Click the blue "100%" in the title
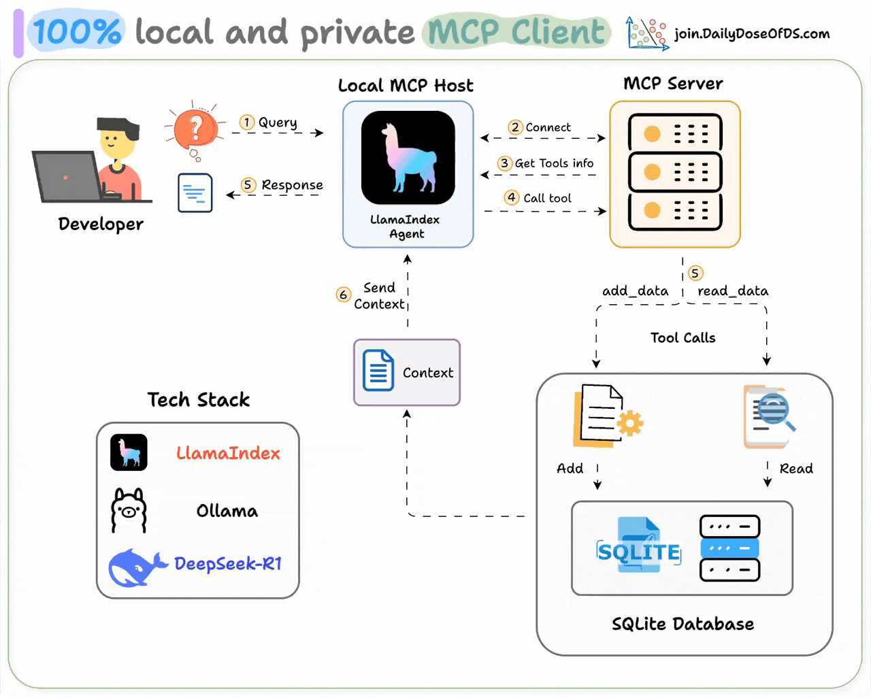(x=76, y=32)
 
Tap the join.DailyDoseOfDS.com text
(x=751, y=33)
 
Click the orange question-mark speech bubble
(x=195, y=129)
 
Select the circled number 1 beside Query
(x=246, y=122)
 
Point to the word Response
(x=292, y=185)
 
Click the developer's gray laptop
(x=68, y=176)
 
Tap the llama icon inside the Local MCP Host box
(x=408, y=158)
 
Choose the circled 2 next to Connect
(x=515, y=127)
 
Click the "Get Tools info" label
(x=554, y=163)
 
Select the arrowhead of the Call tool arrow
(x=601, y=211)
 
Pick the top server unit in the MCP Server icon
(x=674, y=133)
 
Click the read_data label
(x=733, y=291)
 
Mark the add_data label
(x=635, y=291)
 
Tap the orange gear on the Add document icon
(x=630, y=422)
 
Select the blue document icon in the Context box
(x=378, y=370)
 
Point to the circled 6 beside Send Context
(x=344, y=295)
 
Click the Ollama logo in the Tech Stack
(x=129, y=510)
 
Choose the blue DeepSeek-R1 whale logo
(x=137, y=567)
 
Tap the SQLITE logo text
(x=638, y=552)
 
